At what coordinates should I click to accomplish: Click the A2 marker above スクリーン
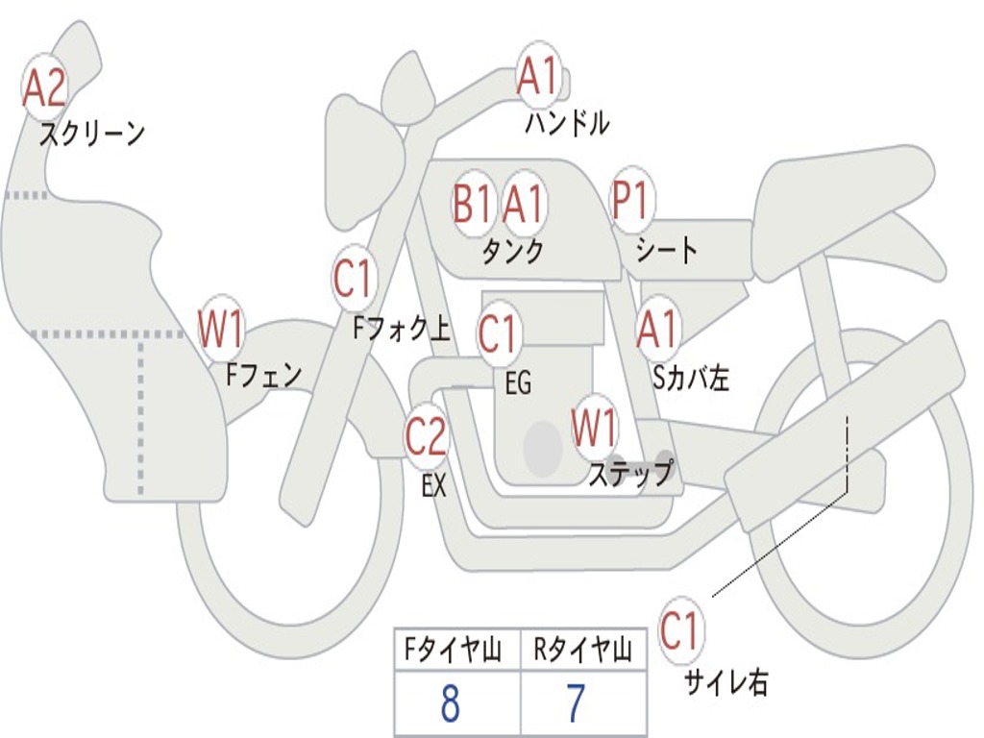click(44, 88)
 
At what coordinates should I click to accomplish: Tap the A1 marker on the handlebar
click(539, 75)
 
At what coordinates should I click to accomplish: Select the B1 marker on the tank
click(472, 204)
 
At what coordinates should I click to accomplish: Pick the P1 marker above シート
click(630, 198)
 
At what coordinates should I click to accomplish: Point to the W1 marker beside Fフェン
click(220, 329)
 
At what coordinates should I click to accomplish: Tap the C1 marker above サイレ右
click(679, 630)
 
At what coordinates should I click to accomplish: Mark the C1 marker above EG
click(497, 333)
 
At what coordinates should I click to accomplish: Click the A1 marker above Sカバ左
click(657, 329)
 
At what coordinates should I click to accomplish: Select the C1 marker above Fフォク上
click(353, 278)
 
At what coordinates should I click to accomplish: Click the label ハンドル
click(567, 122)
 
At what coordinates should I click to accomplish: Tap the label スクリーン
click(91, 134)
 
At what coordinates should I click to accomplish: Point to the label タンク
click(513, 251)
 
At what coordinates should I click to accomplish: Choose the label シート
click(666, 250)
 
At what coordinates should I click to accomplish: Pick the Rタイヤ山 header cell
click(583, 650)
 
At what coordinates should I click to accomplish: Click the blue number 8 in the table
click(451, 702)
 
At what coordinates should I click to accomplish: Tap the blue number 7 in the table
click(576, 702)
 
